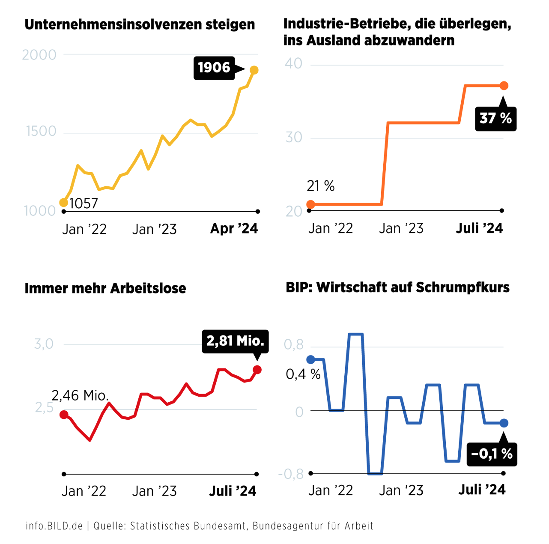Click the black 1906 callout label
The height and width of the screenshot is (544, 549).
pyautogui.click(x=214, y=68)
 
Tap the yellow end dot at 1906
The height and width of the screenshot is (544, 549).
pyautogui.click(x=254, y=70)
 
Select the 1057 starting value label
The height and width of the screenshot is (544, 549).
pyautogui.click(x=84, y=203)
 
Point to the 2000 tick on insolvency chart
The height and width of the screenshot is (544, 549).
pyautogui.click(x=39, y=55)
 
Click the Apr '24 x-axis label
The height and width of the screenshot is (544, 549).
pyautogui.click(x=234, y=229)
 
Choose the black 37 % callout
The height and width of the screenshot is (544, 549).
pyautogui.click(x=495, y=118)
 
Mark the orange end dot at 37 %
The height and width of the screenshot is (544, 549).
pyautogui.click(x=504, y=86)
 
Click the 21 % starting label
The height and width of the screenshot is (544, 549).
pyautogui.click(x=320, y=186)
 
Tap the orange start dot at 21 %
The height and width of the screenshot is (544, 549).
pyautogui.click(x=311, y=204)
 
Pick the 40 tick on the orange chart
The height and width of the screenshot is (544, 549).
pyautogui.click(x=293, y=64)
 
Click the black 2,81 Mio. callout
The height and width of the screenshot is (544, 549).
pyautogui.click(x=235, y=341)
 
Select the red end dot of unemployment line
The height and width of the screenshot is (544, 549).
pyautogui.click(x=257, y=370)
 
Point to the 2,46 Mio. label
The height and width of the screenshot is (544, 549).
pyautogui.click(x=80, y=395)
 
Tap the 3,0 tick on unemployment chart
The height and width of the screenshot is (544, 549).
pyautogui.click(x=44, y=344)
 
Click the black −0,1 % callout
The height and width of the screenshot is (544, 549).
pyautogui.click(x=492, y=454)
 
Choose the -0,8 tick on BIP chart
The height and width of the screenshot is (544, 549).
pyautogui.click(x=291, y=474)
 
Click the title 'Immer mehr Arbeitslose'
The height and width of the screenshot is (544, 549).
pyautogui.click(x=105, y=288)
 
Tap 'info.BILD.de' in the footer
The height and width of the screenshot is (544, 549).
pyautogui.click(x=54, y=526)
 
